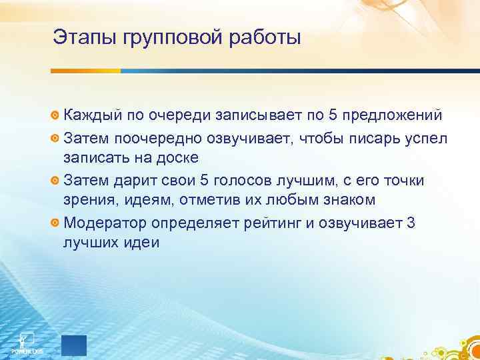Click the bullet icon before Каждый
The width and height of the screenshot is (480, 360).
(x=55, y=116)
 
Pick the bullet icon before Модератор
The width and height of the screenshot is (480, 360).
(x=55, y=223)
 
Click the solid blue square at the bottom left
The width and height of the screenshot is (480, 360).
(x=74, y=346)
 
